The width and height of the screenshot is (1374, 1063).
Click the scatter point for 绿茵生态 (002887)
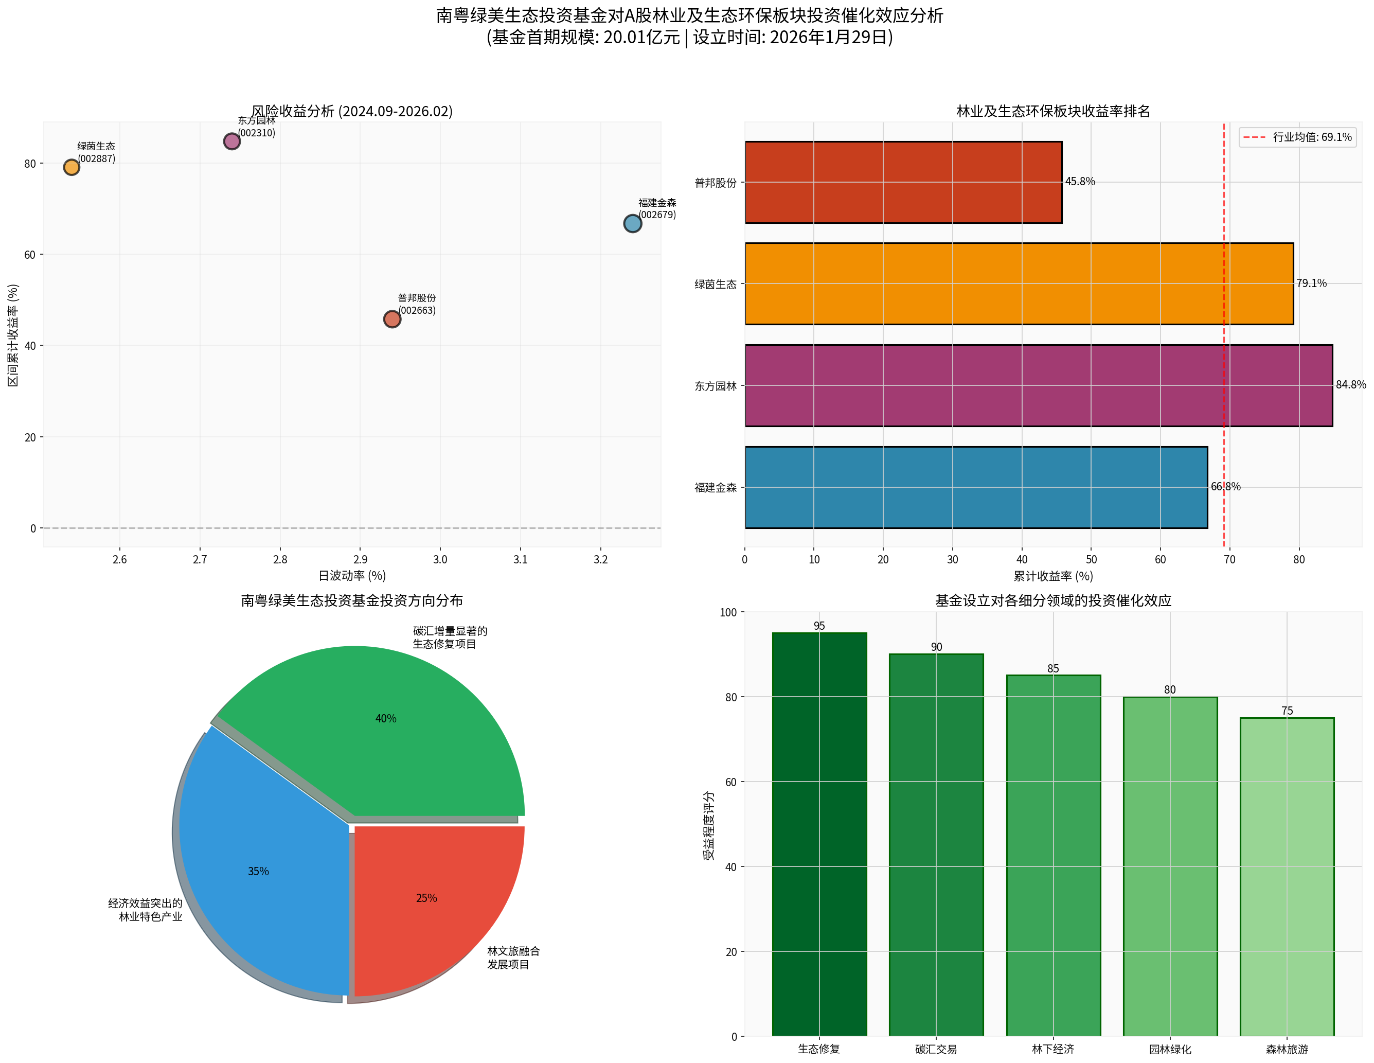click(72, 167)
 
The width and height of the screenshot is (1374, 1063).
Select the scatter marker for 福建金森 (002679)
click(632, 223)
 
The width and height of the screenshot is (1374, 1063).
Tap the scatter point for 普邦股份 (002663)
click(392, 319)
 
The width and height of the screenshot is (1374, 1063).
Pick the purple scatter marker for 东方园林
click(231, 141)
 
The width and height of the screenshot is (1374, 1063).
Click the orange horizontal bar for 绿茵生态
click(1019, 284)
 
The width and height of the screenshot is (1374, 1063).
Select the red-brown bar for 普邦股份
click(903, 183)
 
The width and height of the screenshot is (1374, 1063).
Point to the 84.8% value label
click(1351, 384)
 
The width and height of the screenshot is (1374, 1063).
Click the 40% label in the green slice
click(386, 719)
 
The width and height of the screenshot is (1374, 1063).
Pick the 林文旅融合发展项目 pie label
click(513, 958)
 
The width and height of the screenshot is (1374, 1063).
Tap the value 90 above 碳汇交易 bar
click(936, 647)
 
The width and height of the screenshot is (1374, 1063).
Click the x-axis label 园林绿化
click(1170, 1049)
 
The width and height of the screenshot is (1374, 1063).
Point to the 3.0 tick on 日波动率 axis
click(440, 559)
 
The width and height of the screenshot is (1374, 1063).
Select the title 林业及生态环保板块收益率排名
click(1052, 112)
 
